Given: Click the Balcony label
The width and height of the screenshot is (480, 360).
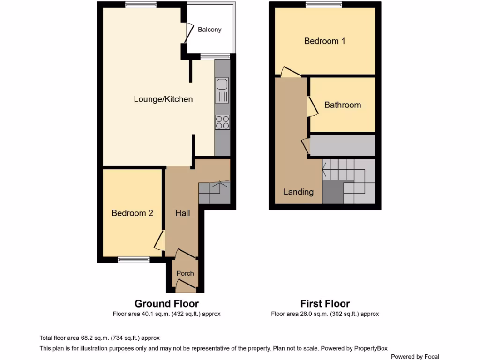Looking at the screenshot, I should tap(210, 30).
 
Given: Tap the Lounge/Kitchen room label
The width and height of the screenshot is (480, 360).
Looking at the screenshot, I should tap(163, 99).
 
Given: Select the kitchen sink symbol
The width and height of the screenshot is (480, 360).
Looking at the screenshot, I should tap(222, 90).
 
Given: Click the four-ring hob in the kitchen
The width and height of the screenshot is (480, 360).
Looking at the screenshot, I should tap(222, 122).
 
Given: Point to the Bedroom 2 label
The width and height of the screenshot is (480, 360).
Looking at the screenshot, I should tap(132, 213).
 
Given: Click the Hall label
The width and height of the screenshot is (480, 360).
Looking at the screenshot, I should tap(182, 213).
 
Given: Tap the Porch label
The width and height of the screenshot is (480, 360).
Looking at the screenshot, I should tap(185, 273).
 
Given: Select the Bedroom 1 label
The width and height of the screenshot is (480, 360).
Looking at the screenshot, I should tap(324, 41).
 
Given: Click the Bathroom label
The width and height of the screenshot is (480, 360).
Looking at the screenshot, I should tap(343, 105).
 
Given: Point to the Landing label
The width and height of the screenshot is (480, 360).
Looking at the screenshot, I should tap(298, 192).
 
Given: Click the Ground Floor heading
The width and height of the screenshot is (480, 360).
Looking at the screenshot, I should tap(166, 304).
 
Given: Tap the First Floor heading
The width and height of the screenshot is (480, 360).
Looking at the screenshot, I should tap(325, 304).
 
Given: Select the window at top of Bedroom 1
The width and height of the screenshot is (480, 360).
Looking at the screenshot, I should tap(323, 5).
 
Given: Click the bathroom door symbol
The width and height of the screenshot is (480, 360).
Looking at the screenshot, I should tap(310, 106).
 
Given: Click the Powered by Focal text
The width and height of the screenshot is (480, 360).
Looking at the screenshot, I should tap(415, 357).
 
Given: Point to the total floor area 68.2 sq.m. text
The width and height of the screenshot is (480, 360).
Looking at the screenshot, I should tap(100, 337).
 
